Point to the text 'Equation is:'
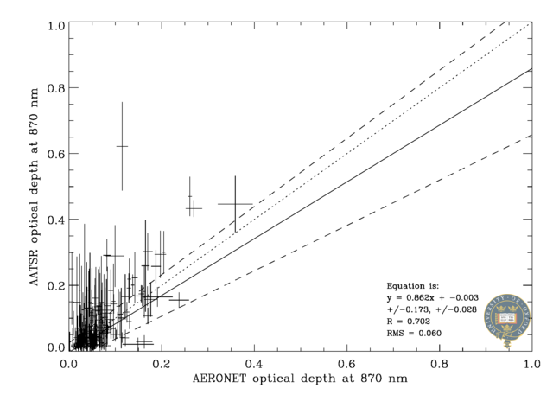click(413, 285)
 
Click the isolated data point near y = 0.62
click(122, 146)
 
